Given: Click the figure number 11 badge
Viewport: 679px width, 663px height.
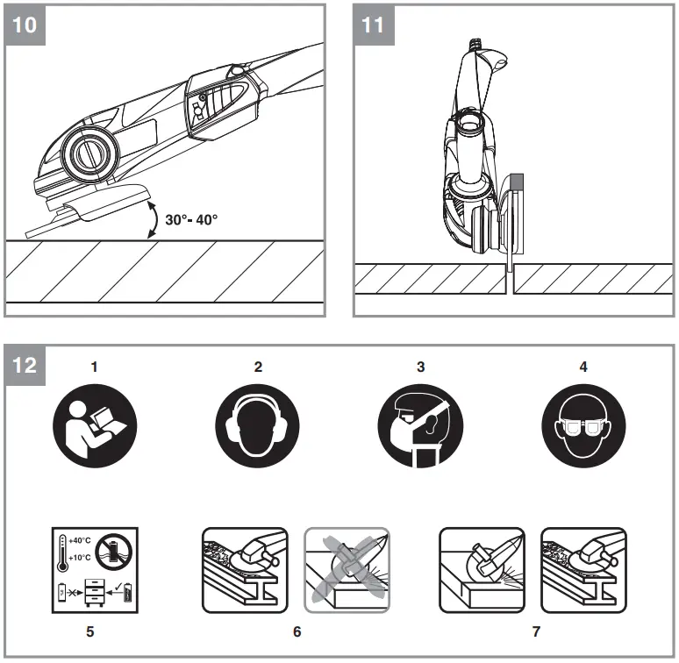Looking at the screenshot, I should (373, 24).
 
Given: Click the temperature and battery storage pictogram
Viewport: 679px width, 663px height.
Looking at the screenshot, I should (95, 570).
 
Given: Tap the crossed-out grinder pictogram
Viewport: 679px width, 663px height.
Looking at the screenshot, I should (346, 570).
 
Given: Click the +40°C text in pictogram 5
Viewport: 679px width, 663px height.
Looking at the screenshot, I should (81, 541).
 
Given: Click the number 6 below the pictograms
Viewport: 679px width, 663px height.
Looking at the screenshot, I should (297, 631).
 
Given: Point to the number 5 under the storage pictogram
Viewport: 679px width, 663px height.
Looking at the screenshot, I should (95, 631).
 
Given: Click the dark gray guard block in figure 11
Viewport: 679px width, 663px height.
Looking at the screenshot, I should (517, 182).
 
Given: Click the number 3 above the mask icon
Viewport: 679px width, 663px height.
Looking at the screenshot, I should (420, 367).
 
